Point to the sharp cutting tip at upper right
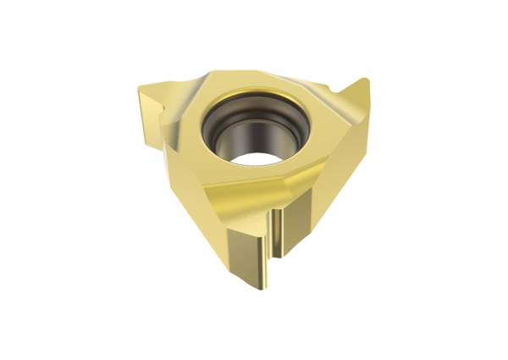[365, 82]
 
